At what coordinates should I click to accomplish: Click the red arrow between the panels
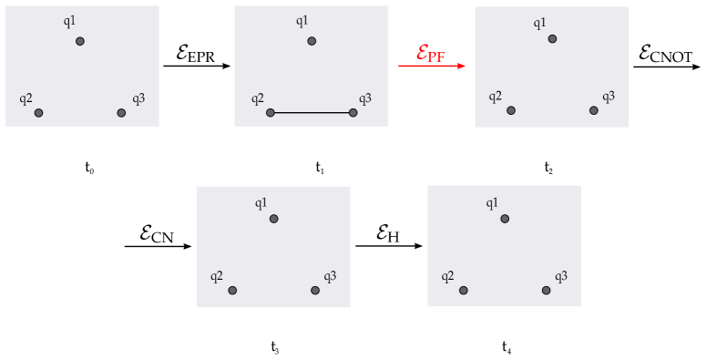(x=432, y=66)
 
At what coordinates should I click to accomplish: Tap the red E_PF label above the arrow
(x=431, y=53)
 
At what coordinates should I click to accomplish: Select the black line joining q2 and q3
(x=312, y=113)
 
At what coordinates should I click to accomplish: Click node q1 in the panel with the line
(x=312, y=41)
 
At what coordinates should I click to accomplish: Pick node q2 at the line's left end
(x=271, y=113)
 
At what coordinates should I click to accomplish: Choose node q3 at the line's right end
(x=353, y=113)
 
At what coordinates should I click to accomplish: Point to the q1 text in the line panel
(x=302, y=21)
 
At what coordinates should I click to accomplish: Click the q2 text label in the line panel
(x=258, y=98)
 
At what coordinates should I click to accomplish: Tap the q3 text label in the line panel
(x=364, y=98)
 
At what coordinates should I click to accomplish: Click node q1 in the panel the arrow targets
(x=552, y=39)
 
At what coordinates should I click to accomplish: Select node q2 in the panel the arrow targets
(x=511, y=110)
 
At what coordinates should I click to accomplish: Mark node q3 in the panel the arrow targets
(x=593, y=110)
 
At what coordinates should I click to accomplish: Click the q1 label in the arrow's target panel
(x=539, y=23)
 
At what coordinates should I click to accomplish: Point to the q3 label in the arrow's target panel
(x=608, y=96)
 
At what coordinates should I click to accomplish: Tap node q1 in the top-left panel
(x=80, y=41)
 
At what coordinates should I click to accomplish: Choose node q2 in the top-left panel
(x=38, y=113)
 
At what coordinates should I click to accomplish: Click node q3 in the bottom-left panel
(x=315, y=291)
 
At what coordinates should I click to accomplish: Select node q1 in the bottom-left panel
(x=273, y=219)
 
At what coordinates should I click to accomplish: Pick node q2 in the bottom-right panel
(x=464, y=291)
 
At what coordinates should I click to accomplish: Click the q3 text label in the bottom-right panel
(x=561, y=276)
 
